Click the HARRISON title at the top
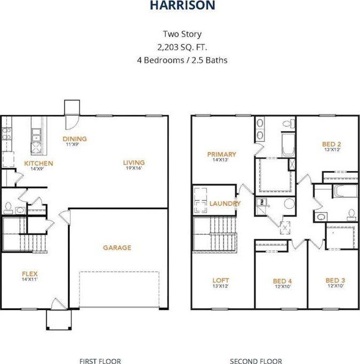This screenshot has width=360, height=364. coord(182,6)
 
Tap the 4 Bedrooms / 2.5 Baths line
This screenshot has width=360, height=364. coord(182,60)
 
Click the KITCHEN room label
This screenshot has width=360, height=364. coord(38,163)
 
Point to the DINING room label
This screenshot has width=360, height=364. coord(75,139)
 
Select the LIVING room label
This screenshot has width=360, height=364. coord(134,163)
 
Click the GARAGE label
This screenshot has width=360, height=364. coord(117,247)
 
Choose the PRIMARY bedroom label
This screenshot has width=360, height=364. coord(221,155)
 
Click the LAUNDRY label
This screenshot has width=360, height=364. coord(225,204)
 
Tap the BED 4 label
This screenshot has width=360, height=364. coord(282,280)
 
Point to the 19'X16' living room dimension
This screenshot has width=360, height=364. coord(134,169)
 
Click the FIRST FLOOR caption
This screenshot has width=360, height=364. coord(100,361)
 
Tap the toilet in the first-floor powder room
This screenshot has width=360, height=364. coord(8,208)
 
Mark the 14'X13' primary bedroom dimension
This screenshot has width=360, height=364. coord(221,160)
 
